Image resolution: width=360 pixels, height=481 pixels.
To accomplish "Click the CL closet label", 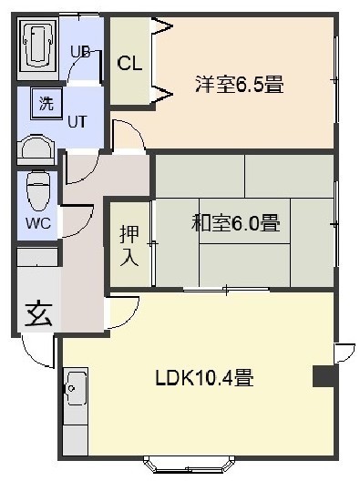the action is coord(129,64).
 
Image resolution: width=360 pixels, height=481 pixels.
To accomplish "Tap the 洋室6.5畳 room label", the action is coord(240,84).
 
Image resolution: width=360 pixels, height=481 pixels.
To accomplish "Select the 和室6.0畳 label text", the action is coord(235,222).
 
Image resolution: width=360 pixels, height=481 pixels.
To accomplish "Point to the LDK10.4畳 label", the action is coord(204,377).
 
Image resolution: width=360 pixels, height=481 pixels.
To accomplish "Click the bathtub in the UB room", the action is coord(37,46).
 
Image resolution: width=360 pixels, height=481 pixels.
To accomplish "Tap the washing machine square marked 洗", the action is coord(46,104).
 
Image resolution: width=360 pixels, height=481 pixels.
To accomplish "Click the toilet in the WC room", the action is coord(37,191).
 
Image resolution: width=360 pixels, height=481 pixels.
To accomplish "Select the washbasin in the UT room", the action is coord(36,150).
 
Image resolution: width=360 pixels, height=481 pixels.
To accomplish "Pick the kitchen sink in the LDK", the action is coord(76,387).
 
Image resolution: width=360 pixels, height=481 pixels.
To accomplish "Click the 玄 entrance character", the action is coord(38,314).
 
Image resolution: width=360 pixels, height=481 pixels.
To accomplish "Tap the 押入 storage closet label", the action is coord(129,246).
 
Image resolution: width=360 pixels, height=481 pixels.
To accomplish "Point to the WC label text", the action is coord(38,223).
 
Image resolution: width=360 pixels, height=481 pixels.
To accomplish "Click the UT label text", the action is coord(77,122).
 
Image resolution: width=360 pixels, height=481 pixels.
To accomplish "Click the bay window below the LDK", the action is coord(190,466).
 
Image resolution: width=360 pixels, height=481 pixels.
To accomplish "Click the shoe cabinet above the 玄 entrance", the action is coord(37,257).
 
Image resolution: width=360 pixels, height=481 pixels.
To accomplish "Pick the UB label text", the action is coord(80,52).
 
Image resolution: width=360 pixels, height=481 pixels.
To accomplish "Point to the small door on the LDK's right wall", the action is coord(345,353).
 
